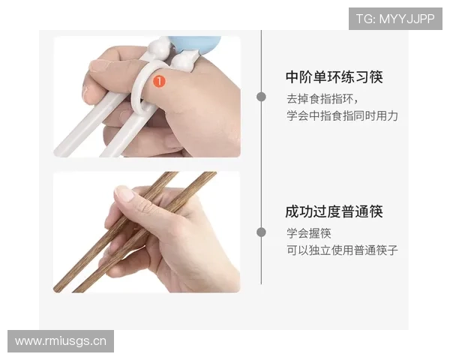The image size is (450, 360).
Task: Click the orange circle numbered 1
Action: coord(159,79)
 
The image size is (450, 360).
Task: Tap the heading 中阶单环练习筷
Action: coord(334,77)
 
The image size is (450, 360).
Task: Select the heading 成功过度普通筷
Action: coord(334,211)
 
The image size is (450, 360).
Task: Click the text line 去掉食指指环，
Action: coord(322,98)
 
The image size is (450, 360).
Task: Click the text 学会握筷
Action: coord(308,232)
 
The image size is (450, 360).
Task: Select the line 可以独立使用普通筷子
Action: coord(341,250)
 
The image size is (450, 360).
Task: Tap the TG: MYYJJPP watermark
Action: coord(395,18)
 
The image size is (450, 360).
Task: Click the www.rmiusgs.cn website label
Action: coord(60,341)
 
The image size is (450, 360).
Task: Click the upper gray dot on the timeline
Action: coord(261,97)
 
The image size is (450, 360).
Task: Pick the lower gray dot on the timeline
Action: coord(261,232)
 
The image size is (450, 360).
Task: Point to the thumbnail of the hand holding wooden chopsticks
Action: coord(147,232)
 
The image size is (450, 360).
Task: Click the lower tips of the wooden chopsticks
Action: coord(67,286)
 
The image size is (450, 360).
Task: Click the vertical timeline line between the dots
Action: coord(261,165)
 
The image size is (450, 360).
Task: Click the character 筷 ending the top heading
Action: coord(376,77)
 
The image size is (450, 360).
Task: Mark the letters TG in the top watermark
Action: coord(364,18)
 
